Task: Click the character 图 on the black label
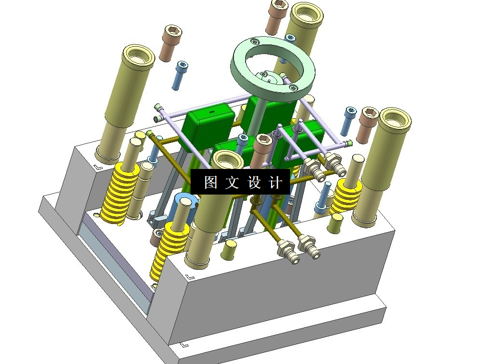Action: tap(211, 182)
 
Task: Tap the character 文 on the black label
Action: tap(232, 182)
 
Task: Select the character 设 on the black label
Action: tap(254, 182)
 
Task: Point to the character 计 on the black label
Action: tap(275, 182)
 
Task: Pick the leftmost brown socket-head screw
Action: tap(170, 43)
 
